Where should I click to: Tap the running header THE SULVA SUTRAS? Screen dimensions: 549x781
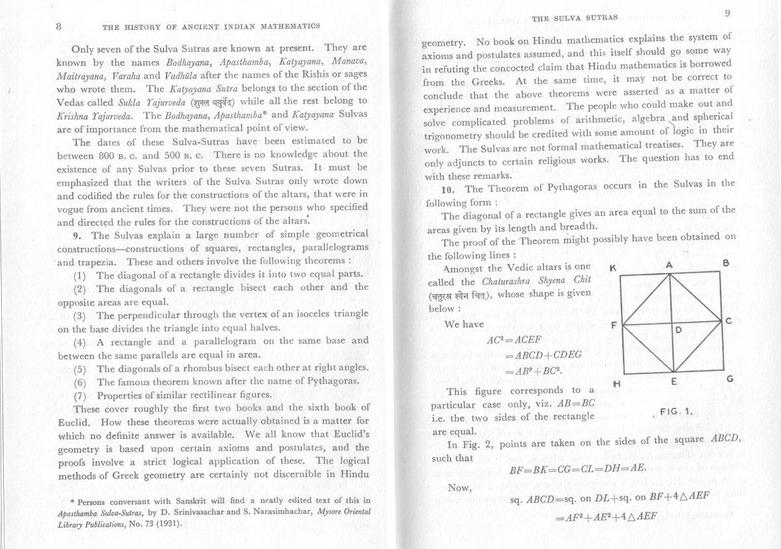point(574,19)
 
